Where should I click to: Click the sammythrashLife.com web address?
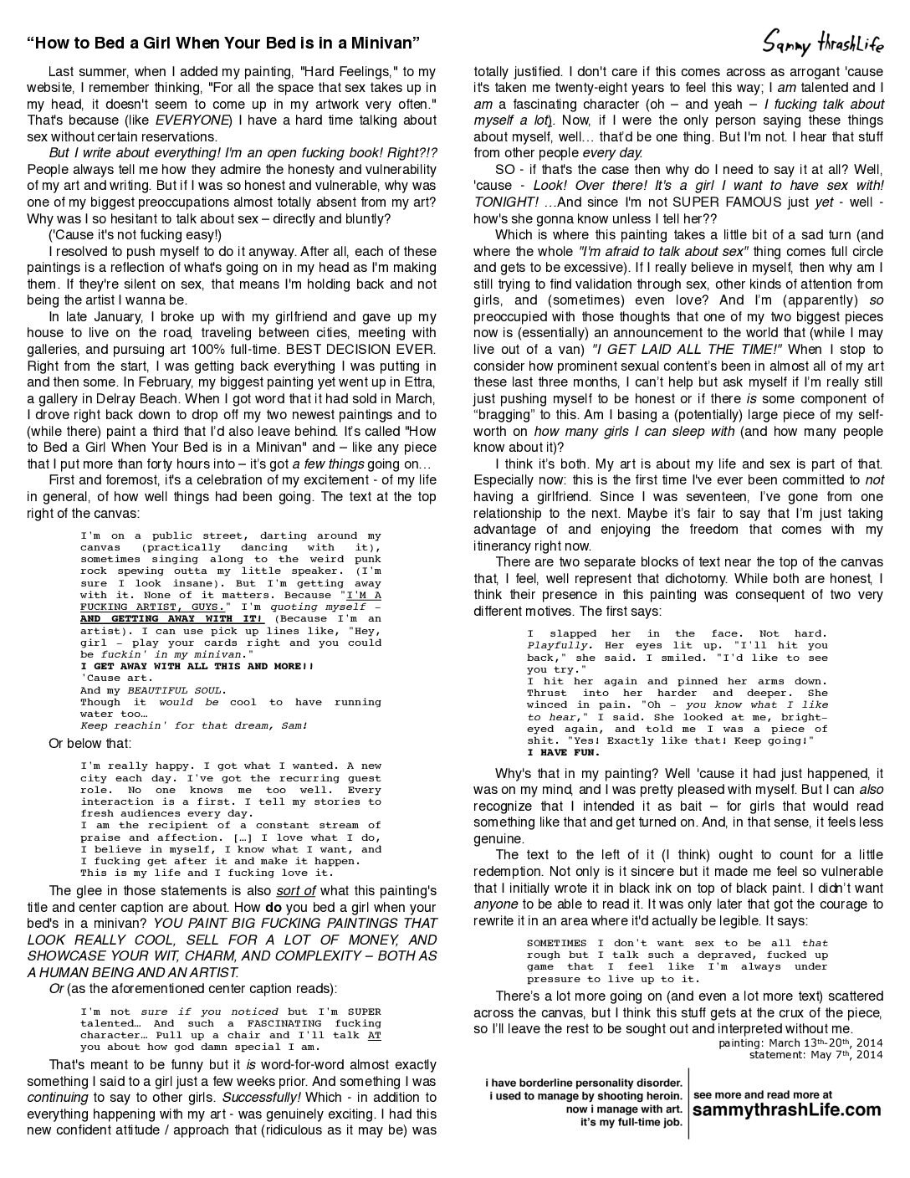tap(787, 1109)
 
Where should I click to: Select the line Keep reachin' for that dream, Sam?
tap(194, 725)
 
